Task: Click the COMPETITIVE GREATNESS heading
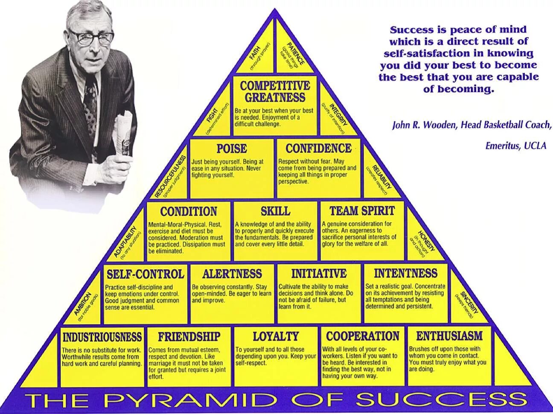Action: tap(275, 91)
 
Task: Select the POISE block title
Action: tap(232, 149)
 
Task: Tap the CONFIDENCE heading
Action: tap(318, 149)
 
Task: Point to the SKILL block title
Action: tap(275, 211)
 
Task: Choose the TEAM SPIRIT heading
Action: tap(362, 211)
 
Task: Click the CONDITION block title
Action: tap(189, 211)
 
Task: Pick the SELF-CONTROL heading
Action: tap(145, 274)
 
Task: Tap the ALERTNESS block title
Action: tap(232, 274)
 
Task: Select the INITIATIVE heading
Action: tap(319, 273)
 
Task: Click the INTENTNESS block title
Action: tap(405, 273)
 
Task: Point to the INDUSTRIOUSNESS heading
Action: tap(102, 337)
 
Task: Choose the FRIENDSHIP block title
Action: tap(189, 337)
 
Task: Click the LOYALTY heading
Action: tap(276, 336)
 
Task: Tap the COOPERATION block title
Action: tap(363, 336)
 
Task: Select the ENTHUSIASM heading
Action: tap(449, 336)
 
